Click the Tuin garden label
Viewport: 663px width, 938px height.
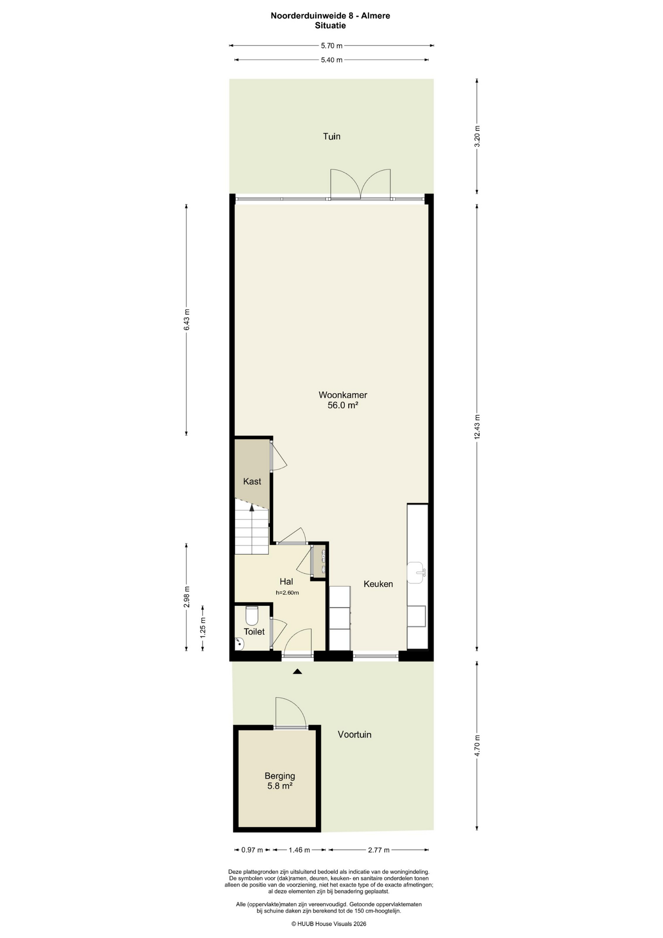point(331,136)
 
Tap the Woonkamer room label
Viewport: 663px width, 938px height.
point(343,395)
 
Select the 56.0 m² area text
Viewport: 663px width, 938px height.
point(343,405)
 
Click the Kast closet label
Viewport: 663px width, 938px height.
point(252,481)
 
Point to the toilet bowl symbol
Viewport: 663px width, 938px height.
point(252,616)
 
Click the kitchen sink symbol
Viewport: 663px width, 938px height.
point(416,573)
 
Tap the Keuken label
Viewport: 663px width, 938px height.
point(378,584)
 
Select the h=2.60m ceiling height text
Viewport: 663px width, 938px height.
point(287,593)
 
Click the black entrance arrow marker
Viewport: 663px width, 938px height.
point(297,672)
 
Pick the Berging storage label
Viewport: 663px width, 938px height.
point(280,776)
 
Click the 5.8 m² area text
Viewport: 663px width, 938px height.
point(280,786)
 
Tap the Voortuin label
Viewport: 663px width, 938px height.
point(354,734)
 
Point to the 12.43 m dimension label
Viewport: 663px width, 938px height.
point(477,427)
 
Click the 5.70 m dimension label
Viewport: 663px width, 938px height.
point(331,46)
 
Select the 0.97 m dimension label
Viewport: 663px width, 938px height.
point(252,850)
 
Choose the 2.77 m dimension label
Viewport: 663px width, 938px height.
point(378,850)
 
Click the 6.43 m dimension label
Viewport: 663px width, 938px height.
point(186,320)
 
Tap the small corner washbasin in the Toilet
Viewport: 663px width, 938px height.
point(239,644)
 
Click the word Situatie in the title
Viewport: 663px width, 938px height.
point(331,25)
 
